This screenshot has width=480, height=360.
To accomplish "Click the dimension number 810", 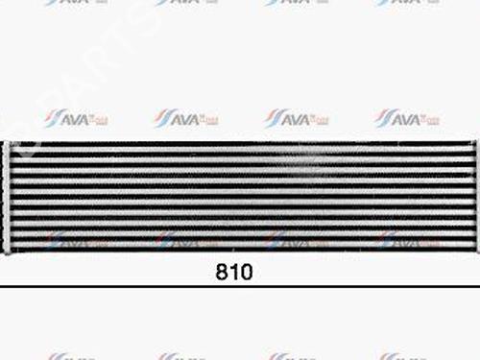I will pos(233,272).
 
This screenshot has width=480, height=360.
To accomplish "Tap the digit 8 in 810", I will pos(222,272).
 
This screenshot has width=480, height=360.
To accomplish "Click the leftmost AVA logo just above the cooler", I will pos(75,118).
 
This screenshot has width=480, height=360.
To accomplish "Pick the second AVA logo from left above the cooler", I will pos(185,118).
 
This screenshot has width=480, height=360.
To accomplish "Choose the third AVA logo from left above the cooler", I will pos(297,118).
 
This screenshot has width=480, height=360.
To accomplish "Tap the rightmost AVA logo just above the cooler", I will pos(407,118).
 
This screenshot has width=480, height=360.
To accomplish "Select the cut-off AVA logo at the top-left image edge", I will pos(75,3).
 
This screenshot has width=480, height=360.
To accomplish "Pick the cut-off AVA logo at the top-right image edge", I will pos(407,3).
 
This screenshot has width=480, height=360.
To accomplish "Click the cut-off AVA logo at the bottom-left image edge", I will pos(75,356).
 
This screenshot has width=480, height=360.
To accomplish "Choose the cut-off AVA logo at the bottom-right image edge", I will pos(407,356).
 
